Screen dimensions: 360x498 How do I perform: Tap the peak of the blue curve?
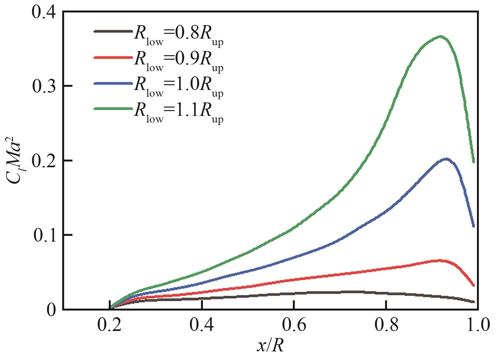(x=446, y=159)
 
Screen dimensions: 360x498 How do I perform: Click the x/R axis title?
(x=270, y=346)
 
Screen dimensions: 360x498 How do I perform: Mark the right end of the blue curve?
(x=473, y=226)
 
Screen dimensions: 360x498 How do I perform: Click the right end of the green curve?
(x=474, y=161)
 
